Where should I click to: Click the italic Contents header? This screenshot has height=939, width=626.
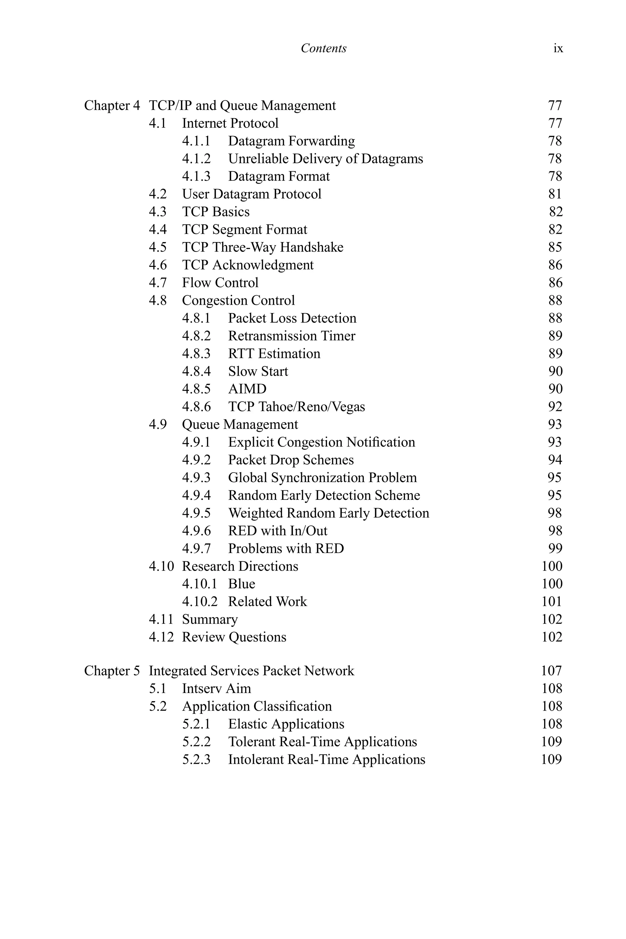coord(323,48)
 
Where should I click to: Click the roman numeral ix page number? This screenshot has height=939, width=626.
coord(558,48)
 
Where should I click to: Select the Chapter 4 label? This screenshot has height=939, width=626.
coord(112,105)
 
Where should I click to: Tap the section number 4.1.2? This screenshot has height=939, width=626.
coord(196,159)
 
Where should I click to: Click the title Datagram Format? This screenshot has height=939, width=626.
coord(279,176)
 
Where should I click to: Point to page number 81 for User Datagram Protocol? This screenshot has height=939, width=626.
coord(555,194)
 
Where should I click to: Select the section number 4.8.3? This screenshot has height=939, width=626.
coord(196,353)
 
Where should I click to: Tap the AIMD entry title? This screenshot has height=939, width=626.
coord(247,389)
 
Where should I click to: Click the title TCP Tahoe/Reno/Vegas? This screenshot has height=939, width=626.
coord(296,407)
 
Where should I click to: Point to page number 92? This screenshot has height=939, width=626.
coord(555,407)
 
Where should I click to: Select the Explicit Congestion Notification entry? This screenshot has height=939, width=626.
coord(321,442)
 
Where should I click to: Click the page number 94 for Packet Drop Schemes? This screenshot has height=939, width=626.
coord(555,460)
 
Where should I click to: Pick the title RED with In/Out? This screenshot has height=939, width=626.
coord(278,531)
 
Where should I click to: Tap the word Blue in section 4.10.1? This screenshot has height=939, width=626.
coord(241,584)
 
